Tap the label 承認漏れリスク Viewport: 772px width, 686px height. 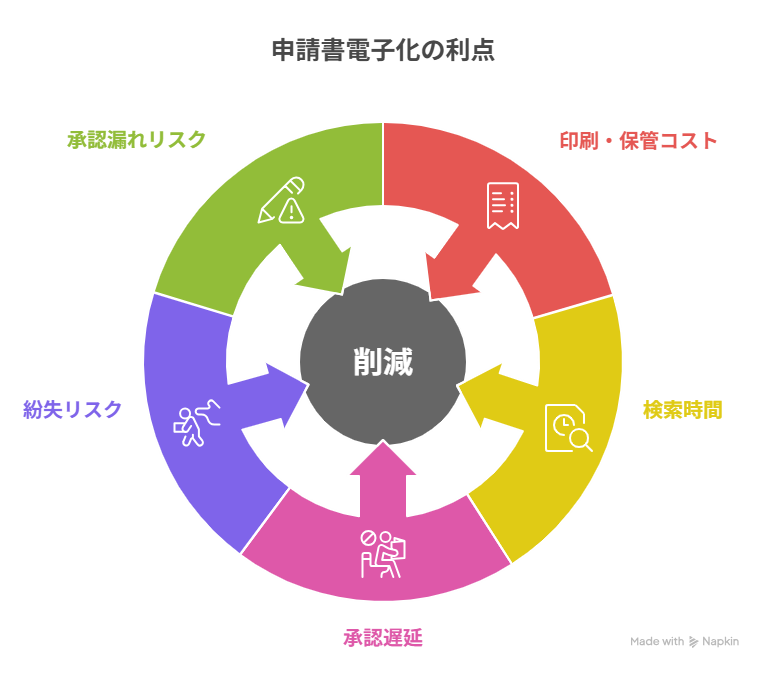[x=136, y=140]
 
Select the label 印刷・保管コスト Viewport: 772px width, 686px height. [x=638, y=141]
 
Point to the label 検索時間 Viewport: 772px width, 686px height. [x=682, y=410]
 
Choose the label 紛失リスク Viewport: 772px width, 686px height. [x=72, y=409]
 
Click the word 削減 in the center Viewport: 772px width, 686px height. [x=383, y=362]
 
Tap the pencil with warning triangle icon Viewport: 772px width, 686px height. [x=281, y=200]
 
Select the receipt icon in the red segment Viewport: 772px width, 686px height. [x=502, y=205]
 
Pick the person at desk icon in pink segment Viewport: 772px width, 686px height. [x=384, y=553]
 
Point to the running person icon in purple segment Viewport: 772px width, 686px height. [x=195, y=422]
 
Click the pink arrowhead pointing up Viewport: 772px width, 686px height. [x=383, y=463]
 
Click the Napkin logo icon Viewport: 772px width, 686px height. [x=694, y=642]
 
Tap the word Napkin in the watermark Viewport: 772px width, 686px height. [x=720, y=642]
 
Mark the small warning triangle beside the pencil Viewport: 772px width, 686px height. [x=291, y=210]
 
